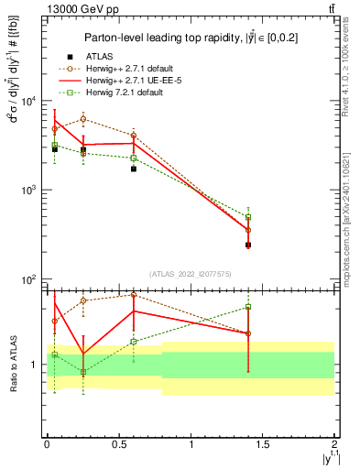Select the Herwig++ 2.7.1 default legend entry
coord(132,69)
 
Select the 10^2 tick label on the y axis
coord(28,278)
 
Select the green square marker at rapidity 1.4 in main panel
coord(248,217)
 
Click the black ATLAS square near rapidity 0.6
coord(134,169)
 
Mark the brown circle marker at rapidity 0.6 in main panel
coord(134,136)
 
